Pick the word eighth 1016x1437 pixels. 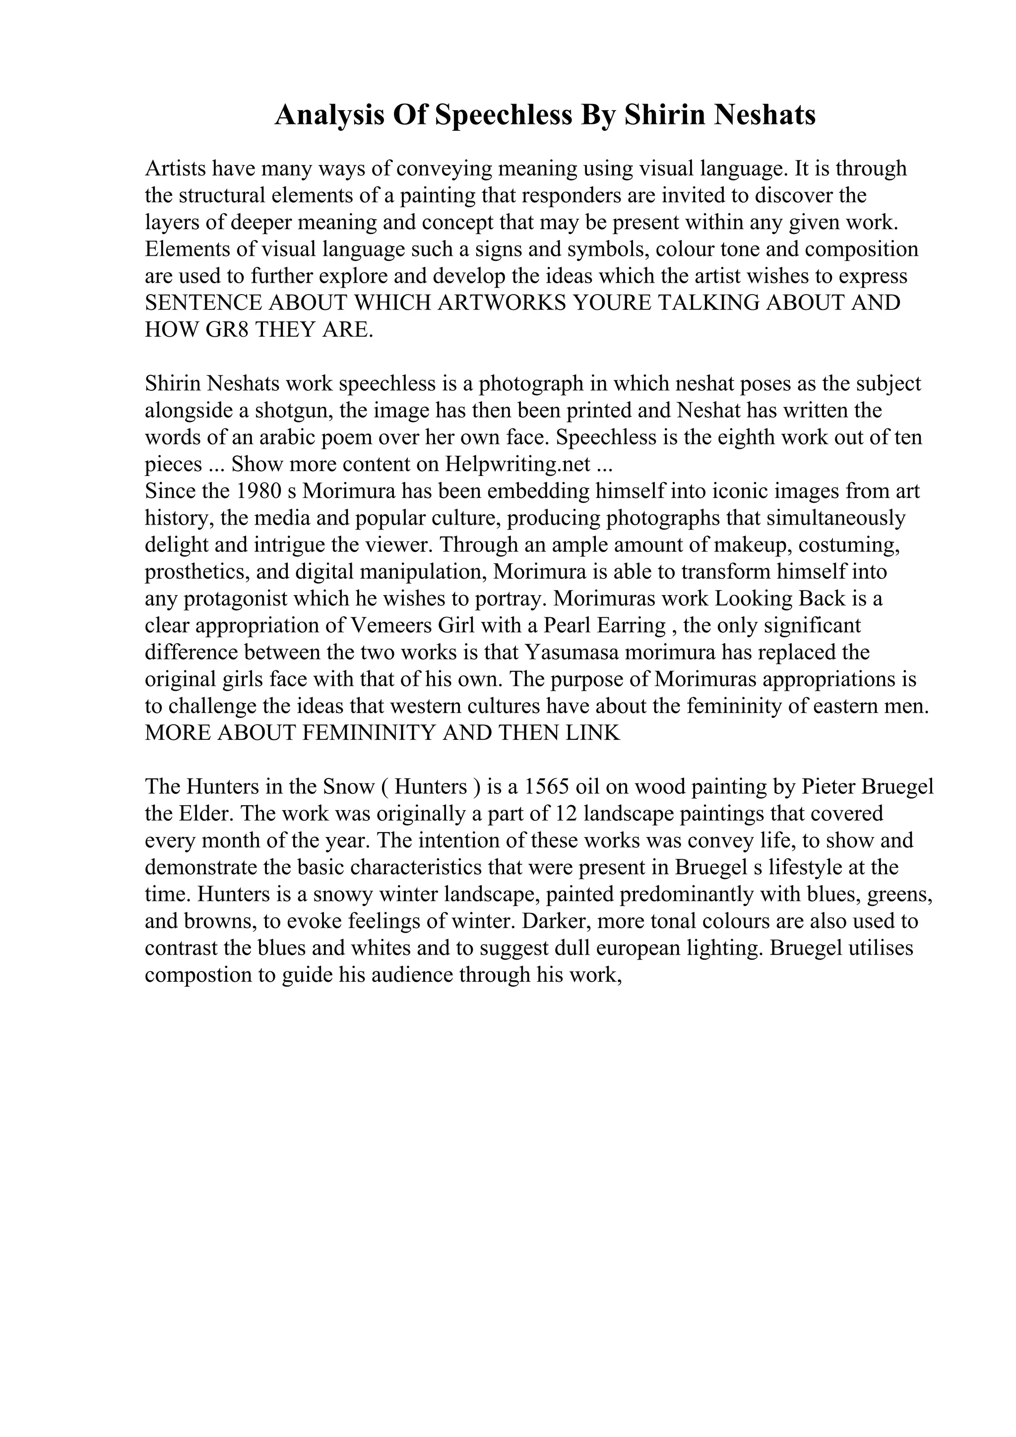click(722, 437)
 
